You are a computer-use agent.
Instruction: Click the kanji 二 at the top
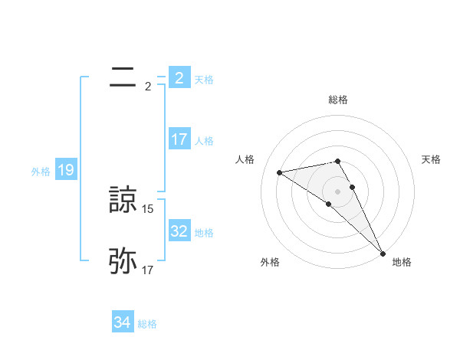[x=123, y=77]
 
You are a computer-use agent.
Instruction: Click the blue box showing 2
[x=179, y=78]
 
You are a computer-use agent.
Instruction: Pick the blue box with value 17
[x=179, y=139]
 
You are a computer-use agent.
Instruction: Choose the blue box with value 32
[x=179, y=231]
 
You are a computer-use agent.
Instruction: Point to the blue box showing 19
[x=65, y=170]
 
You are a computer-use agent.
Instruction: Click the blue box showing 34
[x=122, y=323]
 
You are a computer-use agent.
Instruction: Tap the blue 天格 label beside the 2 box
[x=204, y=80]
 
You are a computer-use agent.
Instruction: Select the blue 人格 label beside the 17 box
[x=204, y=141]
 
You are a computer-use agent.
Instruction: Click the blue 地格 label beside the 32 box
[x=204, y=233]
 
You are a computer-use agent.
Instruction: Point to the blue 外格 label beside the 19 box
[x=41, y=172]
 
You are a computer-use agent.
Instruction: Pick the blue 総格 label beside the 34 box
[x=147, y=325]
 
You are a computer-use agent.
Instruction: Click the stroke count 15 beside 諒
[x=148, y=208]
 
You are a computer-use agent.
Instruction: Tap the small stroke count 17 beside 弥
[x=148, y=270]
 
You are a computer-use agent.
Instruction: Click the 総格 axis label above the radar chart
[x=338, y=100]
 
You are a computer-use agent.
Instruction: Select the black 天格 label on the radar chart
[x=432, y=159]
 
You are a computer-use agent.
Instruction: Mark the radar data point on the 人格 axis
[x=280, y=172]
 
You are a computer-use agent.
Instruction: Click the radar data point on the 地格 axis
[x=383, y=253]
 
